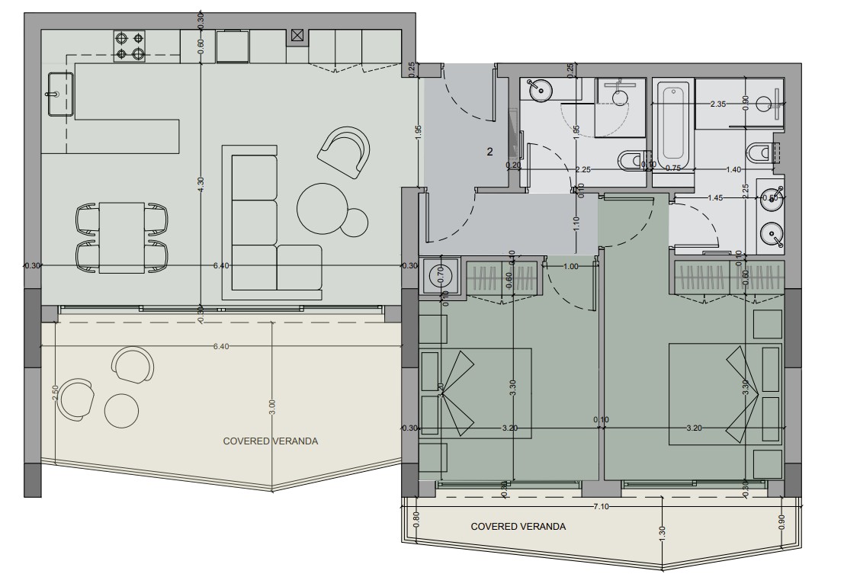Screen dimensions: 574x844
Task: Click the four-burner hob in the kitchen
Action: click(130, 45)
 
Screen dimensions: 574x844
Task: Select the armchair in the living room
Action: click(345, 151)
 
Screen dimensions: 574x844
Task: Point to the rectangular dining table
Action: click(122, 236)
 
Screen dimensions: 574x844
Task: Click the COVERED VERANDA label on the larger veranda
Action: click(270, 441)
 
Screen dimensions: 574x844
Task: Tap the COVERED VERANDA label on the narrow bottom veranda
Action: click(518, 527)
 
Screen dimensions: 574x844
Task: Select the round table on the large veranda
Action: click(122, 411)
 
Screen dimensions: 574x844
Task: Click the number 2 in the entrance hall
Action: click(489, 152)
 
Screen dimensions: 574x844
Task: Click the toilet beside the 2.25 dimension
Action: click(630, 160)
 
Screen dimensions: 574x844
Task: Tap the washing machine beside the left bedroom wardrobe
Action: click(440, 274)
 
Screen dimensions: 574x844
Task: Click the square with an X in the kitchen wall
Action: click(297, 35)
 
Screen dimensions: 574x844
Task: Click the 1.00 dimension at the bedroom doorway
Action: click(571, 266)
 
